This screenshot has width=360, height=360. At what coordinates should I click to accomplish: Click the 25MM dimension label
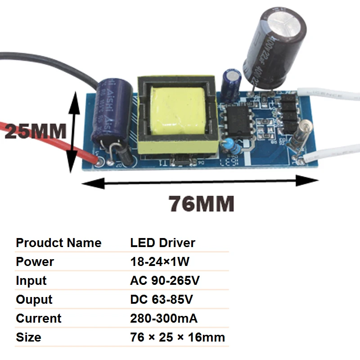tap(35, 131)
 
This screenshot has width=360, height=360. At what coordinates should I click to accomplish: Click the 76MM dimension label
tap(201, 204)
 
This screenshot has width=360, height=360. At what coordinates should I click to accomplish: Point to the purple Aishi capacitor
tap(111, 108)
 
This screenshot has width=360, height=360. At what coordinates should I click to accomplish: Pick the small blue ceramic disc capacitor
tap(229, 145)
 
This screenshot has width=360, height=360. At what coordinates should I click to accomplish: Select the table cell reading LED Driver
tap(162, 243)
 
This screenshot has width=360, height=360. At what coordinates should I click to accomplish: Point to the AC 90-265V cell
tap(165, 281)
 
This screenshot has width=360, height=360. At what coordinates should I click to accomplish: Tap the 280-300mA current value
tap(164, 319)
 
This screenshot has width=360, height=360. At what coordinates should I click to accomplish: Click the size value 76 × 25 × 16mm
tap(177, 337)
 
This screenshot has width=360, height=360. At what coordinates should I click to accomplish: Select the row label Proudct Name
tap(58, 243)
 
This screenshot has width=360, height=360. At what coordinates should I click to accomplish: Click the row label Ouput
tap(34, 300)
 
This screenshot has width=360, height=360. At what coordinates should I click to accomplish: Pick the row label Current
tap(39, 319)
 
